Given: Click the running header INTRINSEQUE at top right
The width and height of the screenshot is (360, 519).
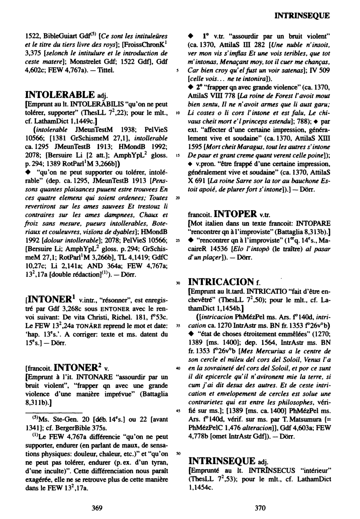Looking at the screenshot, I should coord(302,16).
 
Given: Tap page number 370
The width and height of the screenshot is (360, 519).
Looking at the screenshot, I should coord(260,508).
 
